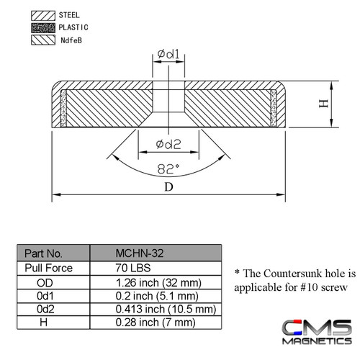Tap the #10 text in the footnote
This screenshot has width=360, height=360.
(300, 287)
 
